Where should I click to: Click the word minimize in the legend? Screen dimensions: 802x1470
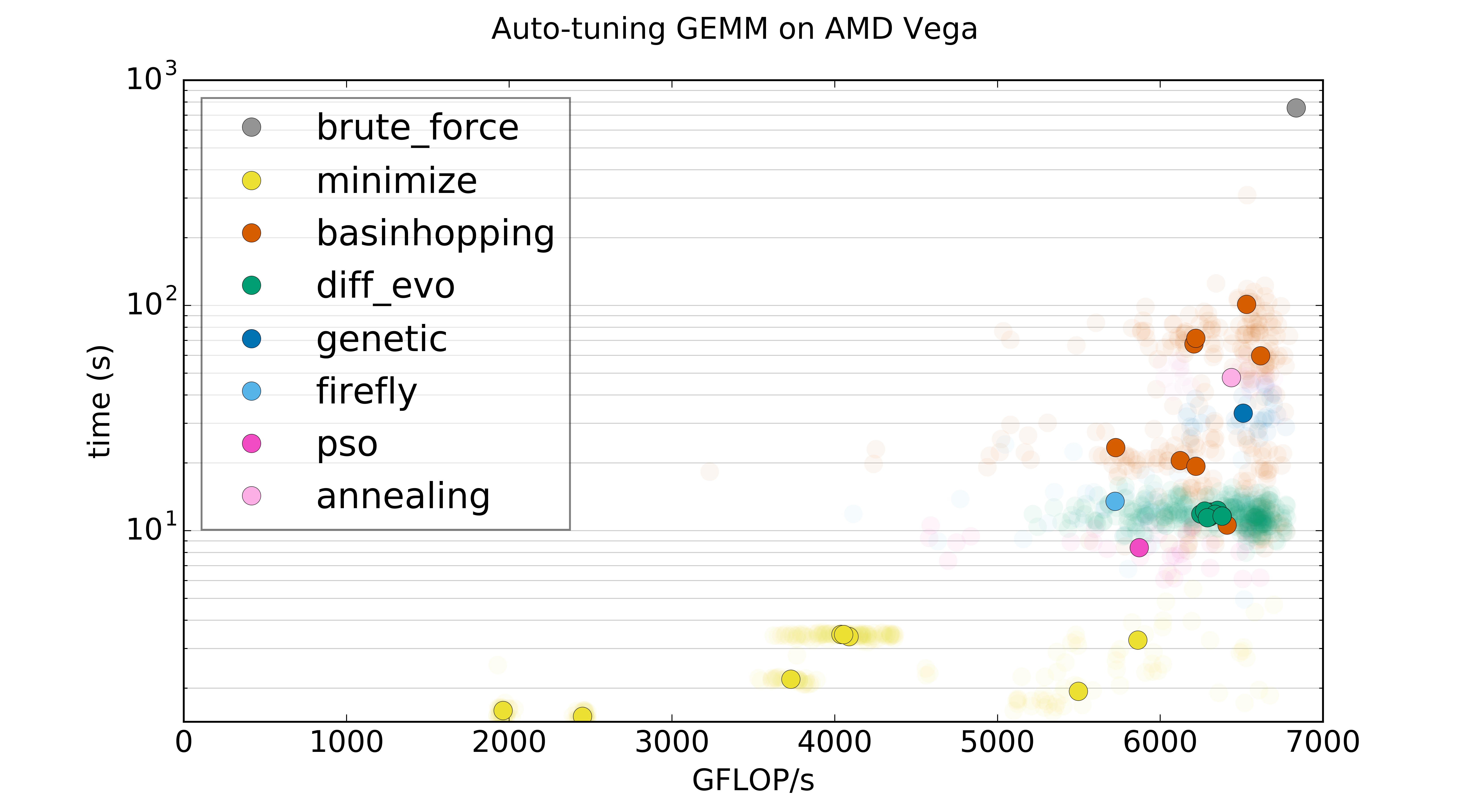point(397,182)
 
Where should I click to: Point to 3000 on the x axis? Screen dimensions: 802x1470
point(672,742)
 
